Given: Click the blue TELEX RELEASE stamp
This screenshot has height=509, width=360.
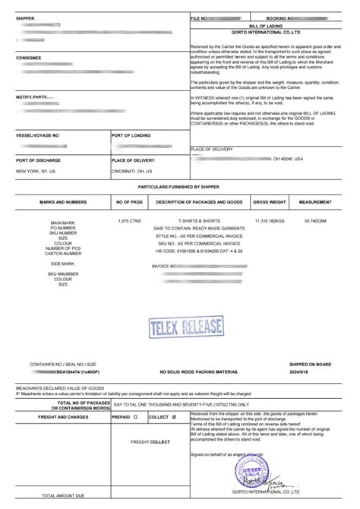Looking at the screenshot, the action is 180,327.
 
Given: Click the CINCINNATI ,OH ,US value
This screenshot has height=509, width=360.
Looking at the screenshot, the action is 137,171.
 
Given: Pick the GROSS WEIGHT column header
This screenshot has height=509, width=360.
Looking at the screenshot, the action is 269,203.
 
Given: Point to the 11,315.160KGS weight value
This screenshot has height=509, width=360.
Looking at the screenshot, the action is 269,220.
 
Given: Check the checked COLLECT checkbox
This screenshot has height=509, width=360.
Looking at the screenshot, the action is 175,416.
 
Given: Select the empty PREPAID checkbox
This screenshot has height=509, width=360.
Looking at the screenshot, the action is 135,416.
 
